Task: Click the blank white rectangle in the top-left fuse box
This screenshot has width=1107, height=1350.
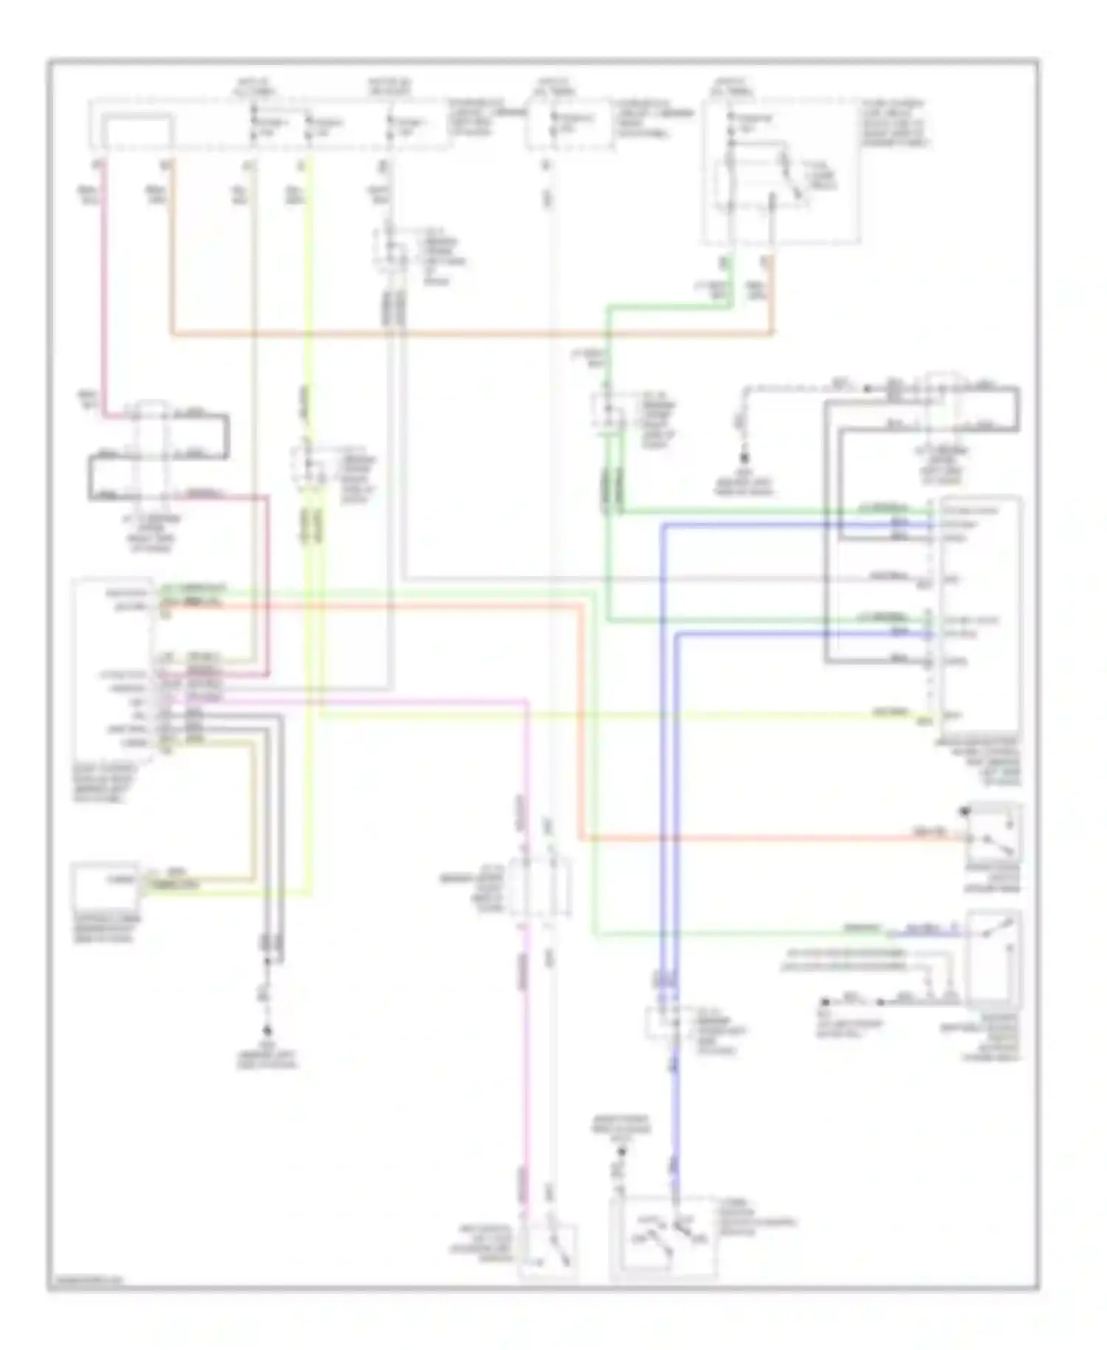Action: coord(138,131)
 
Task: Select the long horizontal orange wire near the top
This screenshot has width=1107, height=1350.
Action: coord(472,335)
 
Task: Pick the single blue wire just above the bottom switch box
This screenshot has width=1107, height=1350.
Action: coord(675,1152)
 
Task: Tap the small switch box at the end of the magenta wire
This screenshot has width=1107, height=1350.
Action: coord(548,1250)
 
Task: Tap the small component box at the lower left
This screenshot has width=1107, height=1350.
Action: coord(105,885)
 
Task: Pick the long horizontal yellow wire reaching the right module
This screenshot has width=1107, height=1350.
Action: coord(590,714)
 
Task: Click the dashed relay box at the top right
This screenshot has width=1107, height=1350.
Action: coord(780,171)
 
